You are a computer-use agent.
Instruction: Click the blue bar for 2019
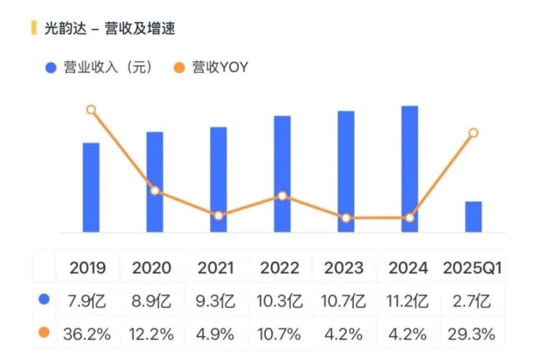(x=91, y=187)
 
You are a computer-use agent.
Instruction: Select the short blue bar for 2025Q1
(x=473, y=217)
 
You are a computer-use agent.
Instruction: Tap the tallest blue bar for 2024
(x=409, y=169)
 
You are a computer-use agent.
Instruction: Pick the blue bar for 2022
(x=282, y=174)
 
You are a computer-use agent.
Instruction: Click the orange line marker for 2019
(x=91, y=110)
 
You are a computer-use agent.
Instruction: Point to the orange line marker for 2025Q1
(x=473, y=132)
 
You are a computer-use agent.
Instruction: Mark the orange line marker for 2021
(x=219, y=215)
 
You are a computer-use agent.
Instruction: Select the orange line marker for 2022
(x=282, y=196)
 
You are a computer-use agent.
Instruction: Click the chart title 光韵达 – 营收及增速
(x=110, y=29)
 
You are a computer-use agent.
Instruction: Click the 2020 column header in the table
(x=152, y=268)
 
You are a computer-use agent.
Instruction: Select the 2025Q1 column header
(x=472, y=268)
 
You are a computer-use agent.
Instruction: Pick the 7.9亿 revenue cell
(x=87, y=301)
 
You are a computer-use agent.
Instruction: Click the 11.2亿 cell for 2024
(x=408, y=301)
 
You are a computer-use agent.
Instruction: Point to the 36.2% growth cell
(x=87, y=334)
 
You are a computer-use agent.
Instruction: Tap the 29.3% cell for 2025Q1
(x=472, y=334)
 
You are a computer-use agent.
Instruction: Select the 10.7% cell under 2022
(x=280, y=334)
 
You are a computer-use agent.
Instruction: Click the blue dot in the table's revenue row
(x=44, y=300)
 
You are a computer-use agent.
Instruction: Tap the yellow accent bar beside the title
(x=34, y=28)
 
